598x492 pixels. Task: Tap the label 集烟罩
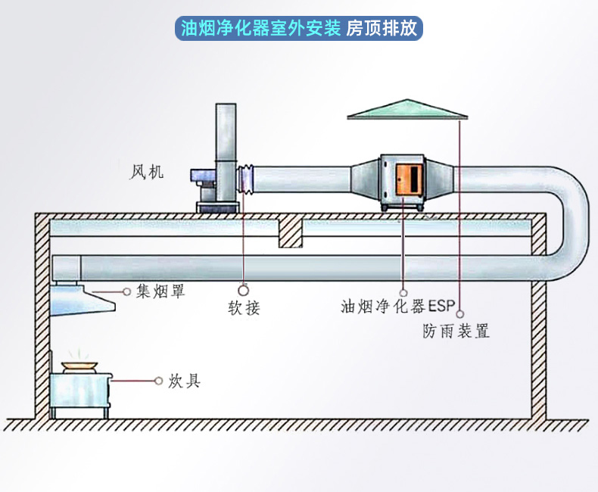(160, 291)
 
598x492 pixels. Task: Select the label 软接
(244, 308)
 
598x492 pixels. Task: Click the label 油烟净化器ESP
(396, 307)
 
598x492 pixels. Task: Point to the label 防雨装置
(455, 331)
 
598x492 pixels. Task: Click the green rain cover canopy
(408, 110)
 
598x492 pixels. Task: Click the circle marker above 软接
(244, 289)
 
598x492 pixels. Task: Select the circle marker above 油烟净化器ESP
(403, 291)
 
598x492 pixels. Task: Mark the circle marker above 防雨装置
(459, 311)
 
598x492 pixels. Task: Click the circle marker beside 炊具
(159, 380)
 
